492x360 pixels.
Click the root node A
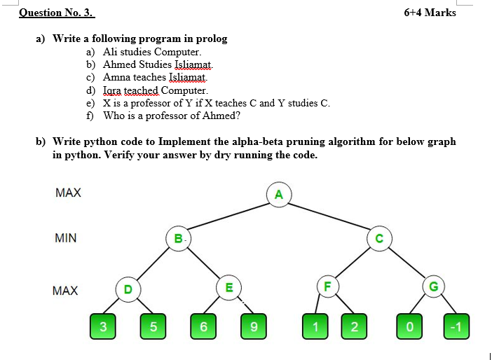pos(279,195)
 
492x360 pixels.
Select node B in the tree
pos(179,238)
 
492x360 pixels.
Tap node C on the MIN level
pos(379,238)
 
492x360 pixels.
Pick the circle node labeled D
pos(128,289)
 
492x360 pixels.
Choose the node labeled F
pos(326,286)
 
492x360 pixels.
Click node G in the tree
pos(433,286)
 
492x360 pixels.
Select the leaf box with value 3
pos(103,326)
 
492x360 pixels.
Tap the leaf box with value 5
pos(153,326)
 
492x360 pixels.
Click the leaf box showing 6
pos(203,326)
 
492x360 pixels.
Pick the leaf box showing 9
pos(253,326)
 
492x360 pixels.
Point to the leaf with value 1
pos(315,326)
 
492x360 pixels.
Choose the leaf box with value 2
pos(354,326)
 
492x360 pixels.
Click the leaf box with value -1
pos(457,326)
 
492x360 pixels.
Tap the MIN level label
pos(66,238)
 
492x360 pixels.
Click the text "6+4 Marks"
pos(430,13)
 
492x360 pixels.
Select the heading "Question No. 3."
pos(56,13)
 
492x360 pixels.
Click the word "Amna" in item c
pos(116,77)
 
